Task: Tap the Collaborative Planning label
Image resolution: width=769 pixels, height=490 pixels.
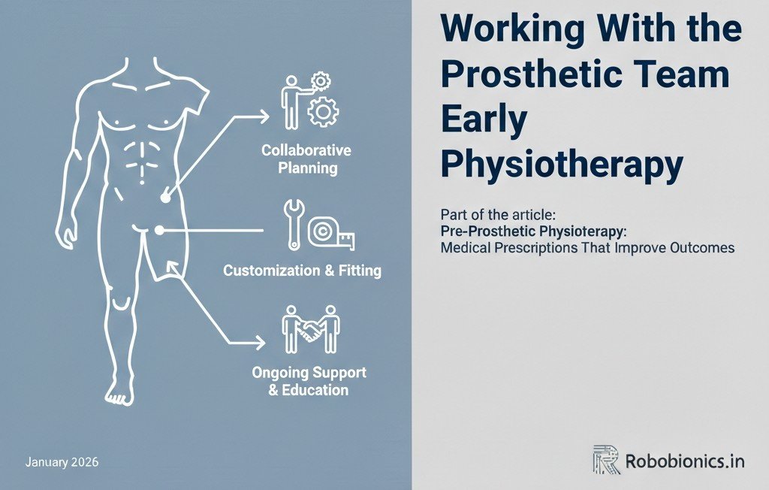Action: [x=306, y=159]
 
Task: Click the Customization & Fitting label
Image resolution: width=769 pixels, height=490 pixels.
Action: [x=302, y=271]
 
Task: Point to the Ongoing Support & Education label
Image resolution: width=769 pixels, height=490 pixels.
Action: [x=309, y=381]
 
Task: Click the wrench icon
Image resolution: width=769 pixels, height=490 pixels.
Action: [x=294, y=224]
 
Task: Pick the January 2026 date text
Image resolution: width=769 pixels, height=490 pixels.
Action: [x=62, y=461]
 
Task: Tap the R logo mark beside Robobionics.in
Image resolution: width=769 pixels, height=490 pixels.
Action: [x=605, y=459]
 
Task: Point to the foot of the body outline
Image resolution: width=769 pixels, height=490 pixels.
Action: [x=117, y=392]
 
